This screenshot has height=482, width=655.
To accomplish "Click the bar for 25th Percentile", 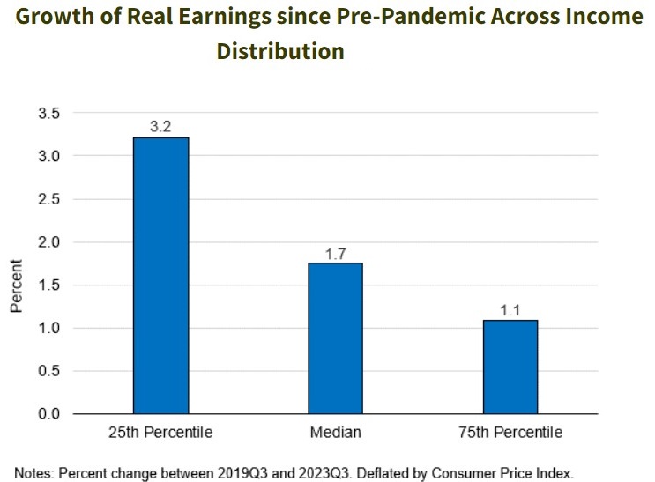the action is click(x=160, y=275).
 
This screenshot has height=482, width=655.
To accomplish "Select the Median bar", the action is click(x=336, y=338).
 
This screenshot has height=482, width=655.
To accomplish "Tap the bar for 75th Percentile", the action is click(x=510, y=367).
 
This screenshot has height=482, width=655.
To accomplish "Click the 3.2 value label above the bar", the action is click(x=160, y=127).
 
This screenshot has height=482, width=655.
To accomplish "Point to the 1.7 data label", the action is click(x=336, y=254).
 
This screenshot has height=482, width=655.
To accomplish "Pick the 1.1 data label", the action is click(x=510, y=310).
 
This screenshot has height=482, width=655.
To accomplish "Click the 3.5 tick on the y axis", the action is click(x=48, y=113).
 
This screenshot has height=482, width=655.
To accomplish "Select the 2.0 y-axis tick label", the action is click(x=48, y=241).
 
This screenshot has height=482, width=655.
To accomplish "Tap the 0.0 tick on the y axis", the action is click(x=48, y=414).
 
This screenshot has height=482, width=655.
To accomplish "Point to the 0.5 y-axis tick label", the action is click(x=48, y=371).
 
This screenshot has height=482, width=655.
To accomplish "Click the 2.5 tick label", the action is click(x=48, y=199).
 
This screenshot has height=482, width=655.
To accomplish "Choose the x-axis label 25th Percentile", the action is click(x=160, y=433).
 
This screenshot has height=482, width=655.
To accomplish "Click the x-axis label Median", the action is click(x=336, y=433).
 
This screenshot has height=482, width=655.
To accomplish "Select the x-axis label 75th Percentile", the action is click(x=510, y=433).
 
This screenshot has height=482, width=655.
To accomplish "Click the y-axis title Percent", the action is click(x=16, y=285).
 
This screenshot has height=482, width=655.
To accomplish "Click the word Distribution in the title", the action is click(x=280, y=51).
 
